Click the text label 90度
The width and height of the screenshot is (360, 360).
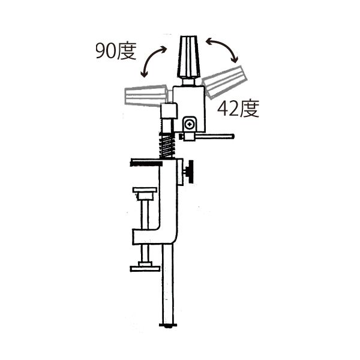tap(116, 50)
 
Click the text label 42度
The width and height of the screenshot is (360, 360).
tap(238, 109)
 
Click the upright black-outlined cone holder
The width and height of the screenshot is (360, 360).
tap(188, 57)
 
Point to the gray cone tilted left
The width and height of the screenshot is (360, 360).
tap(146, 96)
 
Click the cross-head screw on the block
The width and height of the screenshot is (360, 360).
tap(190, 125)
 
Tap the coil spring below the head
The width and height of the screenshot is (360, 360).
tap(167, 145)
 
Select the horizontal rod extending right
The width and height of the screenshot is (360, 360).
tap(215, 136)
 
